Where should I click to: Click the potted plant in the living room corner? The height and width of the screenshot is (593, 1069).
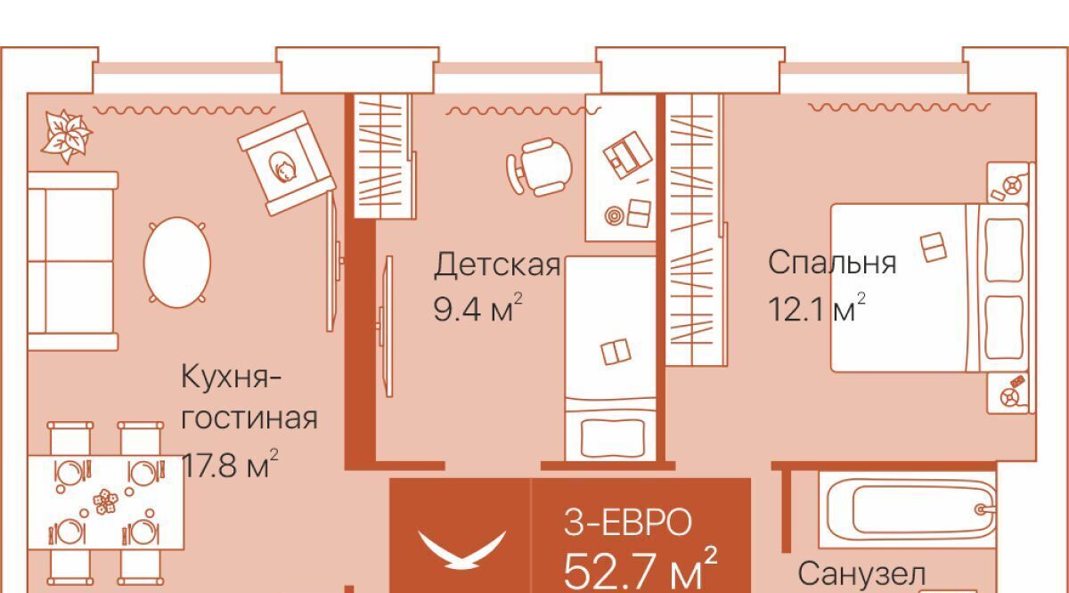[x=66, y=136]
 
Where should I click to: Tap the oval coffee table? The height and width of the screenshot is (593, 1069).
[x=177, y=262]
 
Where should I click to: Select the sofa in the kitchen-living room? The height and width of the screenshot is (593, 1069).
[x=72, y=261]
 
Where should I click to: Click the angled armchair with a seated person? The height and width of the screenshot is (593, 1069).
[x=287, y=164]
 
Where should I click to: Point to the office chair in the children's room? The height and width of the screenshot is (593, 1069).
[x=539, y=167]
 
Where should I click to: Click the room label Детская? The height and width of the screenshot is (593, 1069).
[x=497, y=264]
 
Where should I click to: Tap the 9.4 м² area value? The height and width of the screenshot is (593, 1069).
[x=477, y=307]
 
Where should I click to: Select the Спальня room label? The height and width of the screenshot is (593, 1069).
[x=832, y=262]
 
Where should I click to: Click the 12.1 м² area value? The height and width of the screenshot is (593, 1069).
[x=817, y=308]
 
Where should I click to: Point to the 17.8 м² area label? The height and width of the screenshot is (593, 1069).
[x=230, y=464]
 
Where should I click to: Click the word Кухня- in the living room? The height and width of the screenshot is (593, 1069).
[x=232, y=378]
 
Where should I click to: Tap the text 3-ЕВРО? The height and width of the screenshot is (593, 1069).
[x=627, y=523]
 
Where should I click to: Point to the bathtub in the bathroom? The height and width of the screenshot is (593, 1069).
[x=908, y=509]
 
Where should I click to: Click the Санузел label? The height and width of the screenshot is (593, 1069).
[x=862, y=574]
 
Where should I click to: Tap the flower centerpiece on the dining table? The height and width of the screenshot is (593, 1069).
[x=105, y=502]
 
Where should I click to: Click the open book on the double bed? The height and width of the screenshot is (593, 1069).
[x=933, y=248]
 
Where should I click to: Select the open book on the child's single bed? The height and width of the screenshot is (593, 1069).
[x=616, y=352]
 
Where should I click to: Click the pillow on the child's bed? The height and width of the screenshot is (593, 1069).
[x=613, y=438]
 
